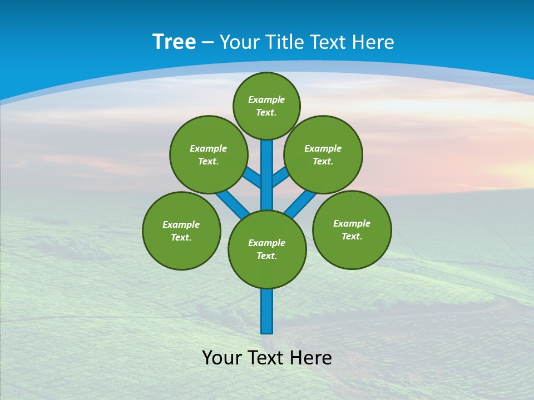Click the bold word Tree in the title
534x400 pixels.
coord(174,42)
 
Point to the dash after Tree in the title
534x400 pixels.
coord(207,43)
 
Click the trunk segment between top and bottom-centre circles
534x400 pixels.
coord(267,175)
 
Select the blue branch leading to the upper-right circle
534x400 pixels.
coord(280,177)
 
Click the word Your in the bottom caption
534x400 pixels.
coord(221,358)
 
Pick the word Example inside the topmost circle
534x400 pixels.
coord(266,99)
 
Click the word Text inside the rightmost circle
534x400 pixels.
coord(352,236)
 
